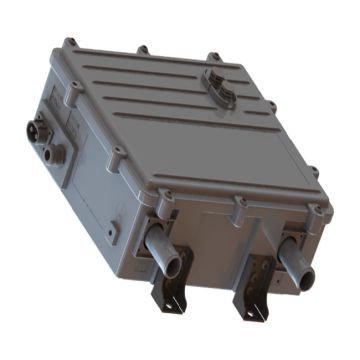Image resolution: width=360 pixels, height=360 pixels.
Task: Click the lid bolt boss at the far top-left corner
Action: coord(68,43)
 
